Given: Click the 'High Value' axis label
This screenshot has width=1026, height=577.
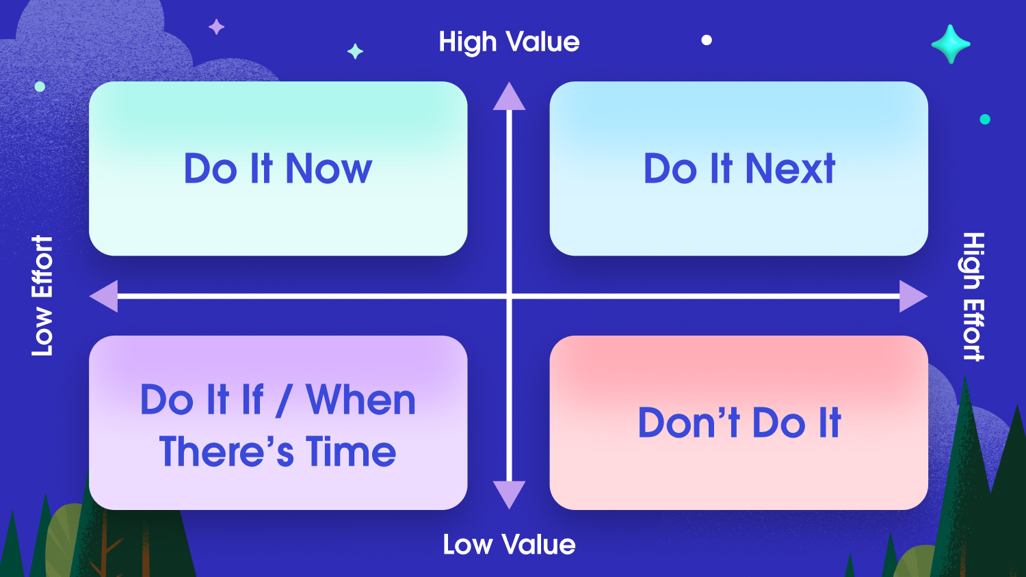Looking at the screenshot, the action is [x=510, y=42].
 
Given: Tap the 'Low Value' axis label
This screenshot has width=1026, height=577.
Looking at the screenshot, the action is [x=510, y=544].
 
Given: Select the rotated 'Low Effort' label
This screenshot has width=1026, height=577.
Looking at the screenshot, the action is [x=42, y=296].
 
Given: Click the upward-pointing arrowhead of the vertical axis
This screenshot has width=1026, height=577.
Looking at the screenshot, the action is [x=509, y=96].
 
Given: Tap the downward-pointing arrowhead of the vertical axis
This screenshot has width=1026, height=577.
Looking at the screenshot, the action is [x=509, y=495].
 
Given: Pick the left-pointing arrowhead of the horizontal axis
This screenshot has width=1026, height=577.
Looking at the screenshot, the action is [x=104, y=296].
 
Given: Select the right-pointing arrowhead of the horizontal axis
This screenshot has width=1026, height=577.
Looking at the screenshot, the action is [x=913, y=296].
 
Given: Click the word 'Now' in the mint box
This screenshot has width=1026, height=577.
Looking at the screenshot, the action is [x=329, y=169].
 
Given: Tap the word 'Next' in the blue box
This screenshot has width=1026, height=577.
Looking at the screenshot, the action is [x=791, y=169].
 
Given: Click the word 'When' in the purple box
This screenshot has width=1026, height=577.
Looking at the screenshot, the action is [x=361, y=400].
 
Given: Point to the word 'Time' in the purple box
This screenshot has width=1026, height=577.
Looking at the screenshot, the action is [x=351, y=451].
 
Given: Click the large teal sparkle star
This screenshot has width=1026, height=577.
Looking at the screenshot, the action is [x=951, y=44].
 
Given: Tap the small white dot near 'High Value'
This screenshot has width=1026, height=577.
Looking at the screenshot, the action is [x=707, y=40].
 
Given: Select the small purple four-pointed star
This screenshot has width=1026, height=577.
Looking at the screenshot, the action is [x=217, y=27].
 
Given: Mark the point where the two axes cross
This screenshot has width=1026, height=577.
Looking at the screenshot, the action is [x=509, y=296].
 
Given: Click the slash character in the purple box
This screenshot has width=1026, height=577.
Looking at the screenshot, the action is [x=284, y=401].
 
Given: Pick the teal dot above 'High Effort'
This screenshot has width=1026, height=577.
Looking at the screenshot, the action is [x=985, y=119].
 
